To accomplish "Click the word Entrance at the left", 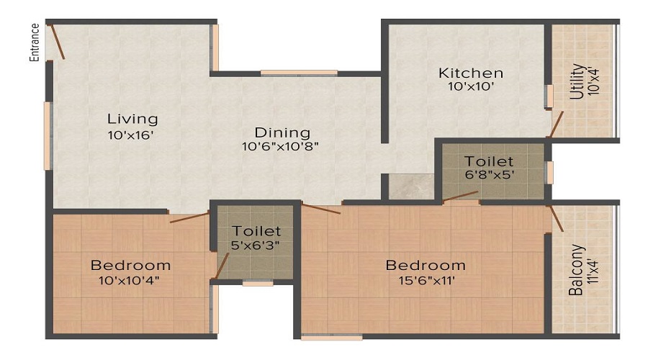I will [x=34, y=44].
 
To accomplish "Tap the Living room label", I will [x=132, y=119].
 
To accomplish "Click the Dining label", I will [x=282, y=132].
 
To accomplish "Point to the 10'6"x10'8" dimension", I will [x=280, y=146].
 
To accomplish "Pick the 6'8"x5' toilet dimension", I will [x=490, y=175].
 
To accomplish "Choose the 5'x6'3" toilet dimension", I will [x=256, y=245].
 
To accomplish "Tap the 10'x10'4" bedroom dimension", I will [x=130, y=280].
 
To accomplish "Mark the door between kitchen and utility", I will [x=555, y=124].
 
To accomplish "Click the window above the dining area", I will [x=298, y=72].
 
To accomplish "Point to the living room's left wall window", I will [x=48, y=135].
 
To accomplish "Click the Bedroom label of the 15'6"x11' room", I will [x=424, y=264].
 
